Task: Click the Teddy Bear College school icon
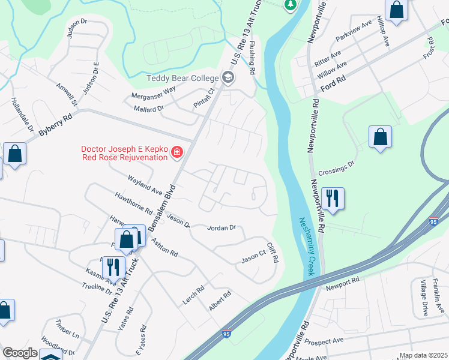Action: (228, 77)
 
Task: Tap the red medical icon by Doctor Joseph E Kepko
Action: (177, 152)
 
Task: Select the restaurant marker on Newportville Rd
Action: (332, 198)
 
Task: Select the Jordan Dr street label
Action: (222, 228)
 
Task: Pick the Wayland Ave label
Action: (145, 185)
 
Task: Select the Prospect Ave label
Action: (324, 341)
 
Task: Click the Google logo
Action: (20, 353)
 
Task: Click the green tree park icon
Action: (290, 5)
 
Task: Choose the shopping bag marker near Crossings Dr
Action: (380, 137)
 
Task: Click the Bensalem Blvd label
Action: (164, 203)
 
